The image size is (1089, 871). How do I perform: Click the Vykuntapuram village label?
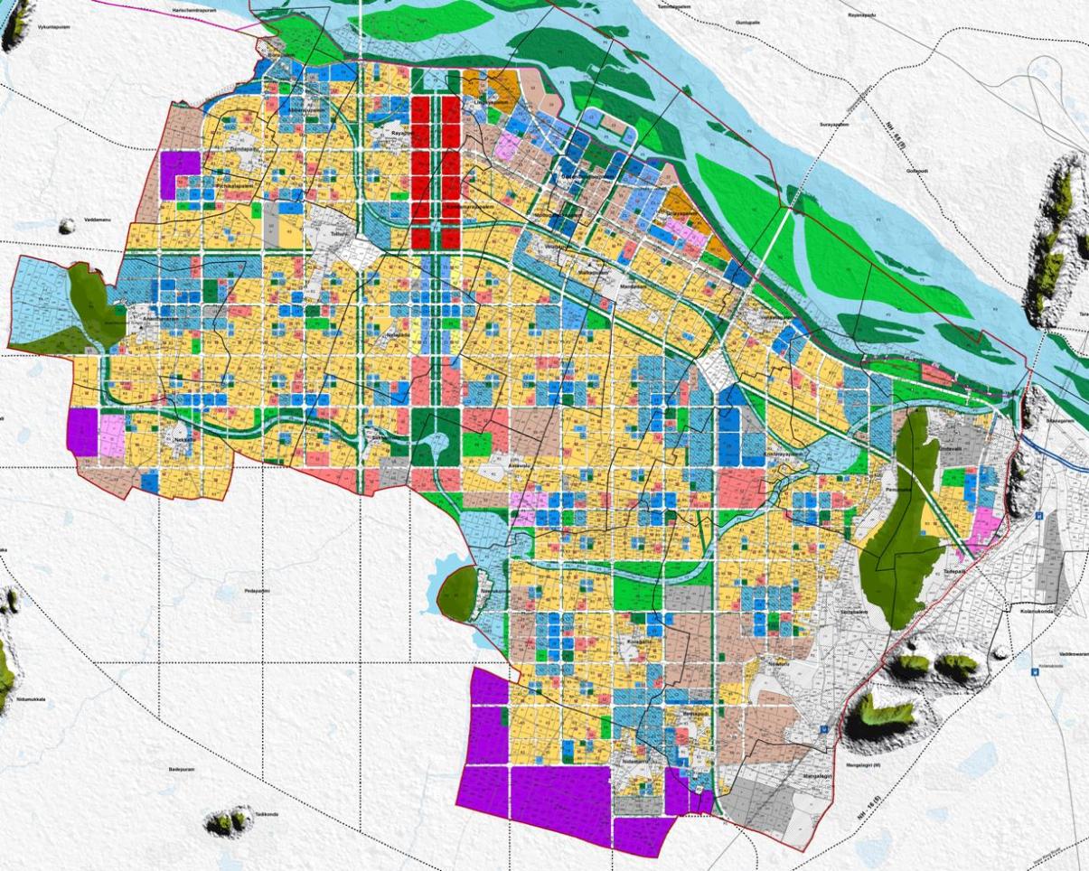(53, 27)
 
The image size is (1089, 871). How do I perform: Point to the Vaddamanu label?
(96, 220)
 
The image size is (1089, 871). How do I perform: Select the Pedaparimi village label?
(257, 591)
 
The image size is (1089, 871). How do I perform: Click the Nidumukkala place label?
(31, 698)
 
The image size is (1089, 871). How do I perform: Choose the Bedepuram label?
(182, 769)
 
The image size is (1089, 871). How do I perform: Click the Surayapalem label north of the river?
(834, 124)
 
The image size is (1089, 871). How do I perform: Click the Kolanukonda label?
(1038, 612)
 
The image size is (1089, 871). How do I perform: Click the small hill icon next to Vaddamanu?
(66, 225)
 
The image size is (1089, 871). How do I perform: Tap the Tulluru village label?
(339, 232)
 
